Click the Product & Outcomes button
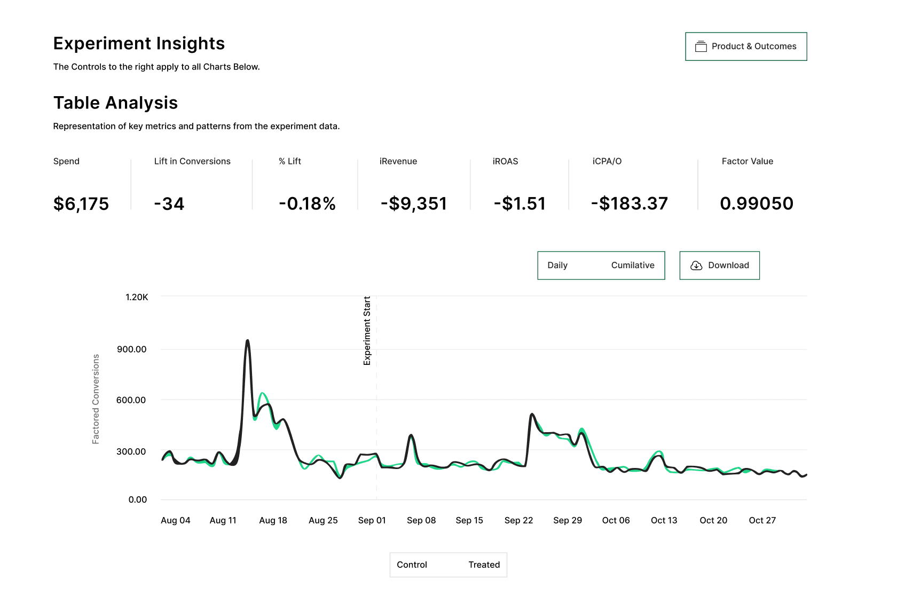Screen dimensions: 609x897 pyautogui.click(x=746, y=46)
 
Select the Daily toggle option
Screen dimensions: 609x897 pyautogui.click(x=557, y=266)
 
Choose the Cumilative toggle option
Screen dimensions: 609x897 pyautogui.click(x=633, y=266)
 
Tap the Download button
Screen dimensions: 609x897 pyautogui.click(x=719, y=266)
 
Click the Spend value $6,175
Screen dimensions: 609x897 pyautogui.click(x=81, y=204)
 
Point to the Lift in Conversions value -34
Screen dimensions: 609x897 pyautogui.click(x=169, y=204)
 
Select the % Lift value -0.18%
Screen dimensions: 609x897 pyautogui.click(x=307, y=204)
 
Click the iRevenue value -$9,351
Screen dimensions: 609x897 pyautogui.click(x=414, y=204)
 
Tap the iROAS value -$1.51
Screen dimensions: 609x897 pyautogui.click(x=520, y=204)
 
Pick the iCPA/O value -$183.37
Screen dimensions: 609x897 pyautogui.click(x=630, y=204)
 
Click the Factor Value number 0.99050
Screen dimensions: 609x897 pyautogui.click(x=757, y=204)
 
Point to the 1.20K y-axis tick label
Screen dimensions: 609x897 pyautogui.click(x=137, y=297)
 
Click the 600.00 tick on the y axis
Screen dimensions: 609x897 pyautogui.click(x=131, y=400)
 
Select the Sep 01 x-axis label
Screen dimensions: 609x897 pyautogui.click(x=372, y=520)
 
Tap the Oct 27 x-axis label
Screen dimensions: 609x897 pyautogui.click(x=762, y=520)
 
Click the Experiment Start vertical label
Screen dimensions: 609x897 pyautogui.click(x=367, y=331)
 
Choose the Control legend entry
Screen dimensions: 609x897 pyautogui.click(x=412, y=565)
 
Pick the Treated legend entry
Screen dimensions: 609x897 pyautogui.click(x=484, y=565)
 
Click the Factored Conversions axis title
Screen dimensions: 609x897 pyautogui.click(x=96, y=399)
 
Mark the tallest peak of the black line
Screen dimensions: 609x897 pyautogui.click(x=247, y=340)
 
